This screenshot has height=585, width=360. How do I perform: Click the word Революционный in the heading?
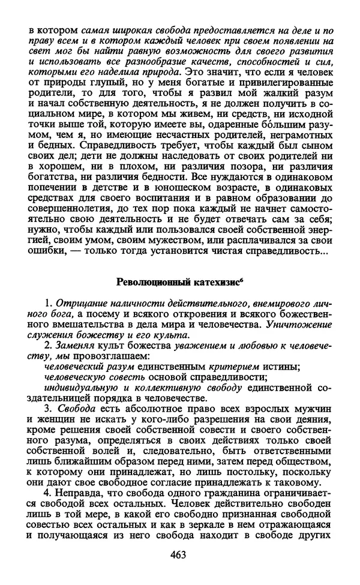147,281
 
